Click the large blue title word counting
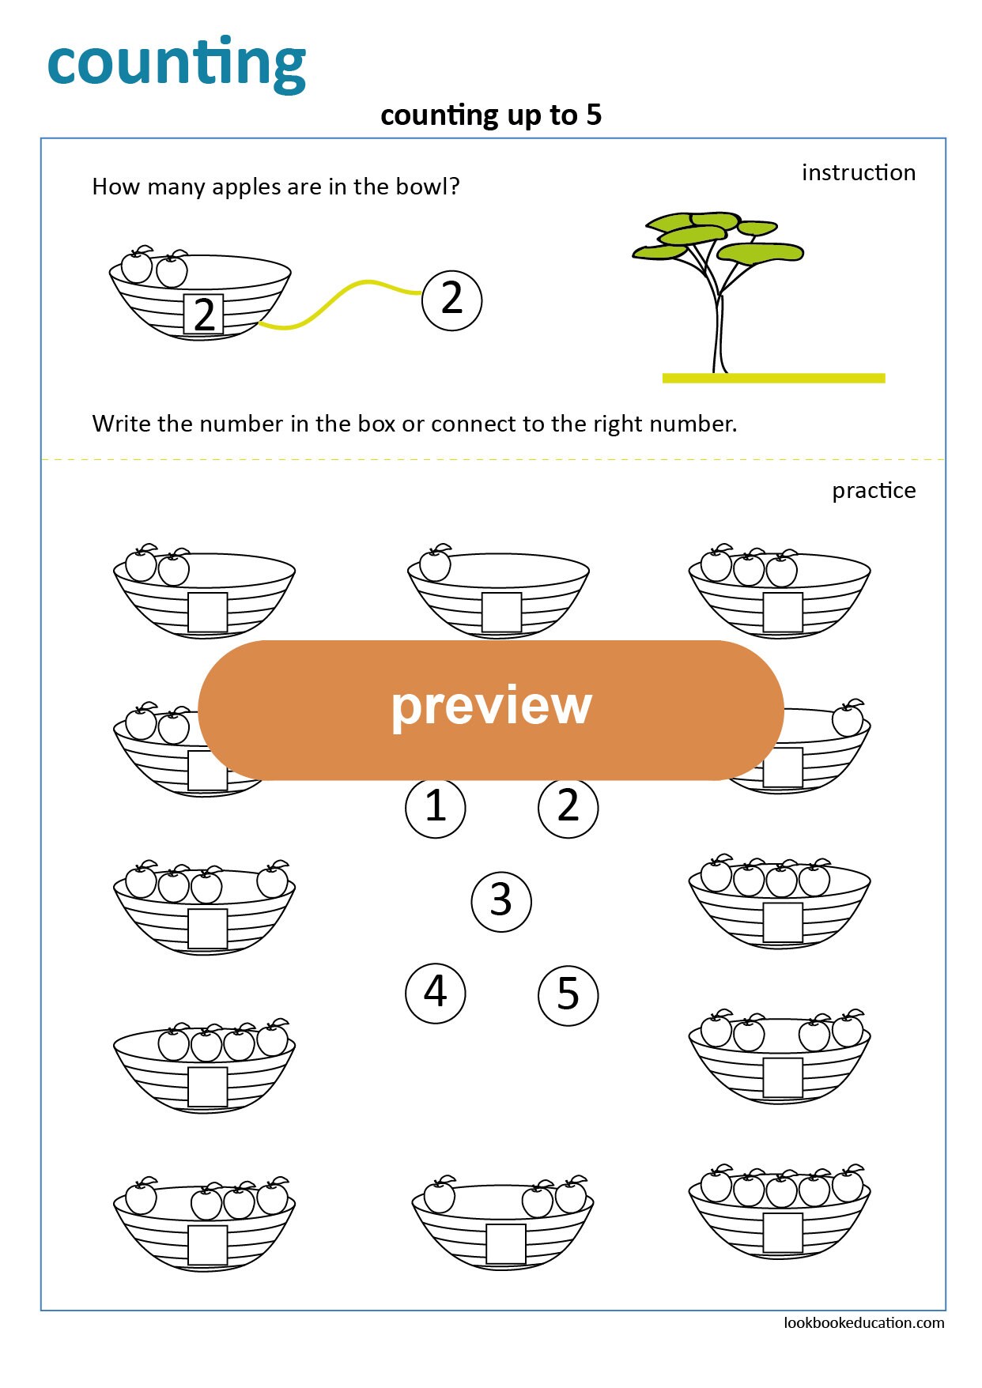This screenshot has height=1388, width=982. click(176, 63)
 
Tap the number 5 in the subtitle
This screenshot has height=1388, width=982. click(594, 115)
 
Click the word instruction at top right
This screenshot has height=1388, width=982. click(858, 172)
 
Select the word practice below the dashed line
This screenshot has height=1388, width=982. click(873, 491)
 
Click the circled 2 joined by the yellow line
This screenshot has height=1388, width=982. click(451, 300)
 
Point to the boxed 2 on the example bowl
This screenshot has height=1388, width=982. click(203, 315)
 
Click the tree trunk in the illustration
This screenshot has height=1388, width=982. click(719, 332)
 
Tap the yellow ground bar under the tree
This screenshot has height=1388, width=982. click(772, 378)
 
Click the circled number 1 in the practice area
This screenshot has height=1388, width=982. click(435, 807)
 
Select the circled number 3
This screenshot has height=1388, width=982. click(500, 901)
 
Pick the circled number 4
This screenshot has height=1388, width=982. click(435, 993)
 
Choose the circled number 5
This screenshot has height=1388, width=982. click(568, 994)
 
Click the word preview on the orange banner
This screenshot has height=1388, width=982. click(491, 706)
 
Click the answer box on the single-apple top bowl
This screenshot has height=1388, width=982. click(501, 613)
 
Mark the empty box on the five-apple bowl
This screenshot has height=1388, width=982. click(783, 1233)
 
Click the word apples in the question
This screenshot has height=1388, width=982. click(247, 187)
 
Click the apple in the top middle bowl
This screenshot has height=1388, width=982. click(435, 564)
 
